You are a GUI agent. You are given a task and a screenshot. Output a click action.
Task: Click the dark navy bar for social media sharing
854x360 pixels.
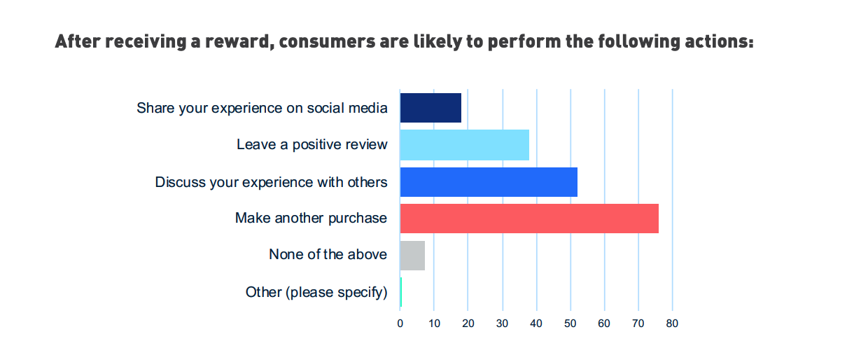tap(430, 108)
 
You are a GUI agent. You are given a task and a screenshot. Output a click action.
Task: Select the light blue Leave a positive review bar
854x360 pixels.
tap(464, 145)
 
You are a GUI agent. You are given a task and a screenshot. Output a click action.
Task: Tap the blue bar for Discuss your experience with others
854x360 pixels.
tap(489, 182)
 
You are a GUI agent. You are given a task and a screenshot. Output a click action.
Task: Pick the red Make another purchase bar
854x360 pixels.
tap(529, 219)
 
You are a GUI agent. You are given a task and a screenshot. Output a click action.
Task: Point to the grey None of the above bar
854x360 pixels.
tap(412, 255)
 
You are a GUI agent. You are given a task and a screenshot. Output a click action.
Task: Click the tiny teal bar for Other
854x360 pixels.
tap(400, 292)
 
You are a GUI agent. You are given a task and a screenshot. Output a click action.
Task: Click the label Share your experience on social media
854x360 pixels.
tap(262, 108)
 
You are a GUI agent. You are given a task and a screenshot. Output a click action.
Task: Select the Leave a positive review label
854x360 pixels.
tap(311, 145)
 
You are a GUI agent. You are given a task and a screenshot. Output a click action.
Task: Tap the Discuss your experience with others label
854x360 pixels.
tap(271, 182)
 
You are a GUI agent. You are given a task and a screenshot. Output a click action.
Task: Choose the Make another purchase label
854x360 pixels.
tap(311, 219)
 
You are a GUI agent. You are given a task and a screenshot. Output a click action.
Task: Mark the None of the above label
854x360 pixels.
tap(328, 255)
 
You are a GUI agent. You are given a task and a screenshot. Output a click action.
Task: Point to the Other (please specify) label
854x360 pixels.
tap(316, 292)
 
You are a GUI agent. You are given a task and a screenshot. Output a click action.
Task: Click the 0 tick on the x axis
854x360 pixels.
tap(400, 324)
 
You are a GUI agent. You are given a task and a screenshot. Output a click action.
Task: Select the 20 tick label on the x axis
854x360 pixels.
tap(468, 324)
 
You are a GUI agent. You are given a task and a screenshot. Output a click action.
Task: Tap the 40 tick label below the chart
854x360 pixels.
tap(536, 324)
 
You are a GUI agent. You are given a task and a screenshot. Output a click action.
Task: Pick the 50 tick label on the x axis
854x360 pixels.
tap(570, 324)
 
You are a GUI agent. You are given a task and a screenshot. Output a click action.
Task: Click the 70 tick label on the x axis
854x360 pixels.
tap(638, 324)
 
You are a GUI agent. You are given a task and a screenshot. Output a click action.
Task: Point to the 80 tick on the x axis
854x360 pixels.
tap(673, 324)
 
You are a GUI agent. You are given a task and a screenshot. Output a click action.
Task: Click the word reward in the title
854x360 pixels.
tap(236, 42)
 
